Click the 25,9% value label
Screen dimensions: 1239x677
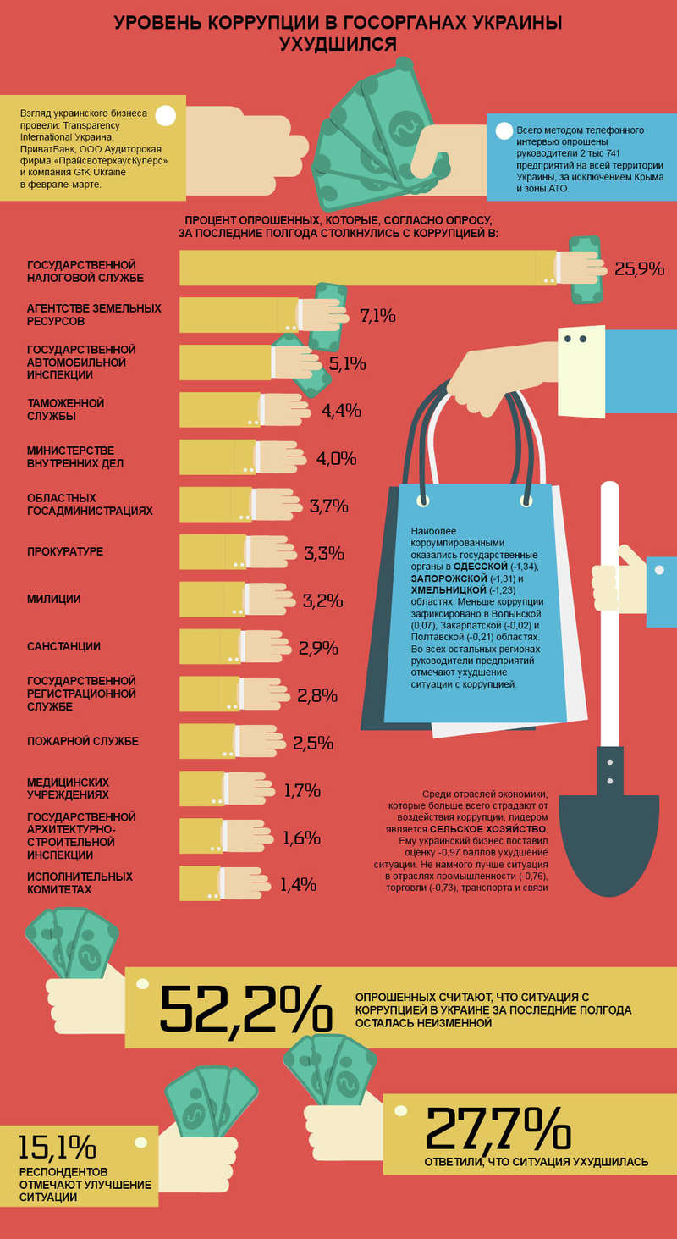click(639, 269)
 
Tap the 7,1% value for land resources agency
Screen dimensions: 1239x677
click(377, 316)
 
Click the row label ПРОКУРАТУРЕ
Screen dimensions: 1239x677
click(65, 552)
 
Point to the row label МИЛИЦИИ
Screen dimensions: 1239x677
click(54, 599)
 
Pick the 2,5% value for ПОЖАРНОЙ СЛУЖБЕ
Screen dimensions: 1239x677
click(313, 744)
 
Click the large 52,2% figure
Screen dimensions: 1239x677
click(245, 1009)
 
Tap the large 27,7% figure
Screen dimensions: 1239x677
click(498, 1127)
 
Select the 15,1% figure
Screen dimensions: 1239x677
click(57, 1147)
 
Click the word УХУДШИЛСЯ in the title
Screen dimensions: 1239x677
click(338, 44)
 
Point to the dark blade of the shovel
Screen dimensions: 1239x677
click(608, 830)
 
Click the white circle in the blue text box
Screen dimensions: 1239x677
click(504, 130)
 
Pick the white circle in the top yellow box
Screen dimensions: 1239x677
click(166, 116)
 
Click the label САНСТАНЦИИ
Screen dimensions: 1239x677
click(64, 646)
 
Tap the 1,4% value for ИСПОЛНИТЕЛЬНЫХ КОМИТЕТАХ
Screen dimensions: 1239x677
click(298, 885)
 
